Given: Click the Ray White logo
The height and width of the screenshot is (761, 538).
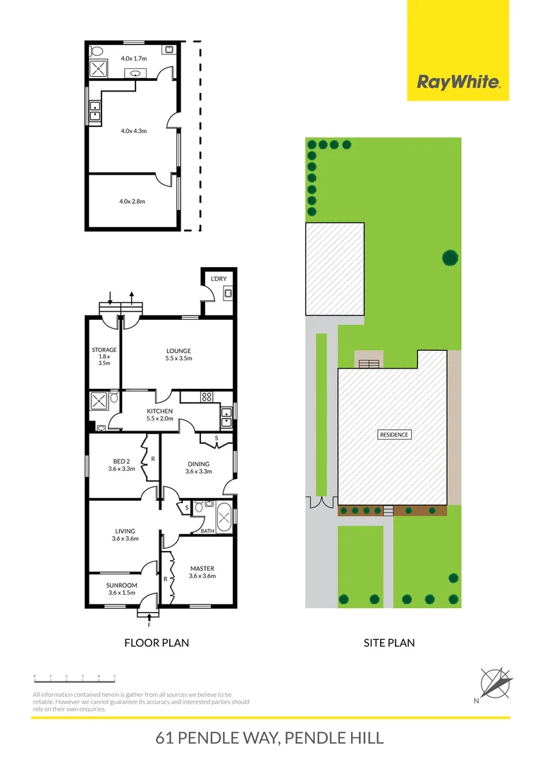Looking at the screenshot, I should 458,82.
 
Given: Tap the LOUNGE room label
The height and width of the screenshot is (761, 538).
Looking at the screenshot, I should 178,351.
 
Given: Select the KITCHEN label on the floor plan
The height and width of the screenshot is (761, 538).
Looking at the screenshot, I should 159,412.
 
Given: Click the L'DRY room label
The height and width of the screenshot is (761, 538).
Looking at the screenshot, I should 219,279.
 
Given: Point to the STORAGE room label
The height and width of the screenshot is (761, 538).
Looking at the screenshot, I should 104,349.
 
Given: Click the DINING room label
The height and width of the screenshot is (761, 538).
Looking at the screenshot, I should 198,464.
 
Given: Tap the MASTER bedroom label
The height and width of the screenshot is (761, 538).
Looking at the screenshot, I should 202,569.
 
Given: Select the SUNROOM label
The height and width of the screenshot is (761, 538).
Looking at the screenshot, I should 121,585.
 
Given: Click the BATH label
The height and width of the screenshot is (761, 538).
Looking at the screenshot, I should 207,531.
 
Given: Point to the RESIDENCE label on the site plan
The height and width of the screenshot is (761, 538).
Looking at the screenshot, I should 393,435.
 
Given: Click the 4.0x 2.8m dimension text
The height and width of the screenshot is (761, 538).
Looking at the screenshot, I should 132,202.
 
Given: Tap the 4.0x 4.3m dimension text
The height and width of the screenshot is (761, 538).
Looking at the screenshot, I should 133,130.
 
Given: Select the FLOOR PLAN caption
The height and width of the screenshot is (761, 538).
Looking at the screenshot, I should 157,643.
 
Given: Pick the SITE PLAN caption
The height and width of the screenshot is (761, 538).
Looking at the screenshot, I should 389,643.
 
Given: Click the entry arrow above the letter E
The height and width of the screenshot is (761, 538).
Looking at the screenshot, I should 149,617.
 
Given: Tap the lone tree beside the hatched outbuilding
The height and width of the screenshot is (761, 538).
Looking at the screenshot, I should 449,257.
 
